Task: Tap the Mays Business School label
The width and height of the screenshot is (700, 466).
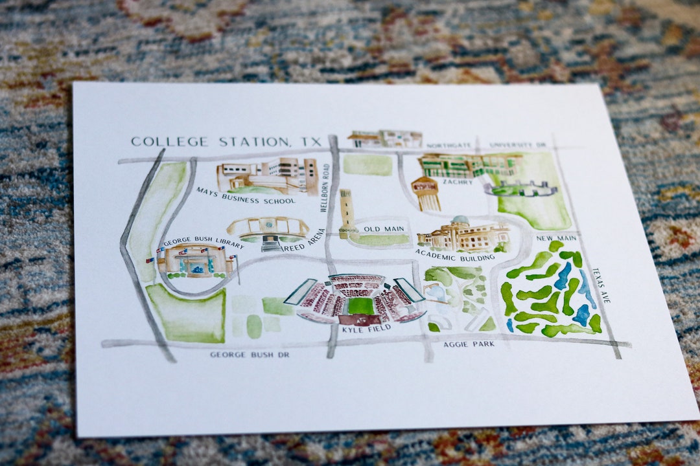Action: (246, 195)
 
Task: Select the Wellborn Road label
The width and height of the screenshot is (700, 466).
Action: (325, 188)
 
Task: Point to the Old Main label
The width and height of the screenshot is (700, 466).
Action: (384, 229)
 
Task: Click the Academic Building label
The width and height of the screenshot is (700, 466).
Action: (454, 254)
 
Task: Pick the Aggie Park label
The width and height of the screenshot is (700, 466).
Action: (469, 344)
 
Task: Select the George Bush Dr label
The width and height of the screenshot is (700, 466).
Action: (250, 355)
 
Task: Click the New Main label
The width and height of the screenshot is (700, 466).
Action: (556, 238)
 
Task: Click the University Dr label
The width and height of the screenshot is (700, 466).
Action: (518, 145)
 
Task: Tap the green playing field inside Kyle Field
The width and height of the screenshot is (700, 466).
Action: (360, 305)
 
